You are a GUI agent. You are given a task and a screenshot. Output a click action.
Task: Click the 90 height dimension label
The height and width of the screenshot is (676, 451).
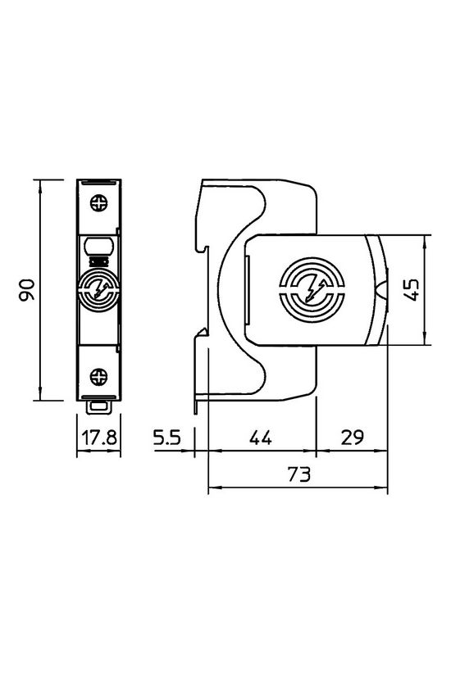pyautogui.click(x=27, y=290)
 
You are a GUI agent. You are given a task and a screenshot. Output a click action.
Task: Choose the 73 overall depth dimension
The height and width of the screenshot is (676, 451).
pyautogui.click(x=298, y=475)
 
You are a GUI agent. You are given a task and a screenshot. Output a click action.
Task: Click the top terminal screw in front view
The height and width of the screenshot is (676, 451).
pyautogui.click(x=99, y=202)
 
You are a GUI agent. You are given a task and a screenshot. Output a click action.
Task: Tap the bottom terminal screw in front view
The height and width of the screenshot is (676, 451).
pyautogui.click(x=99, y=376)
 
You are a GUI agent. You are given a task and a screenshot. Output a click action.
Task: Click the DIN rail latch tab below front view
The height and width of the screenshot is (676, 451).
pyautogui.click(x=99, y=404)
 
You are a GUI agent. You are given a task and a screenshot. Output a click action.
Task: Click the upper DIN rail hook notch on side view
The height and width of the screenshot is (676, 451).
pyautogui.click(x=199, y=247)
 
